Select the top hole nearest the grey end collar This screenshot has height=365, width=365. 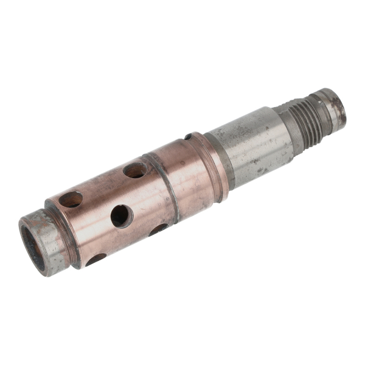pos(71,199)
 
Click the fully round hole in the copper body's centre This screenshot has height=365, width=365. pos(120,215)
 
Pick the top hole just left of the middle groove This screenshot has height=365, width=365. pos(134,170)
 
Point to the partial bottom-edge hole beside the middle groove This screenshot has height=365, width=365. pos(158,229)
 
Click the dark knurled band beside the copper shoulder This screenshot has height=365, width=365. pos(226,161)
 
